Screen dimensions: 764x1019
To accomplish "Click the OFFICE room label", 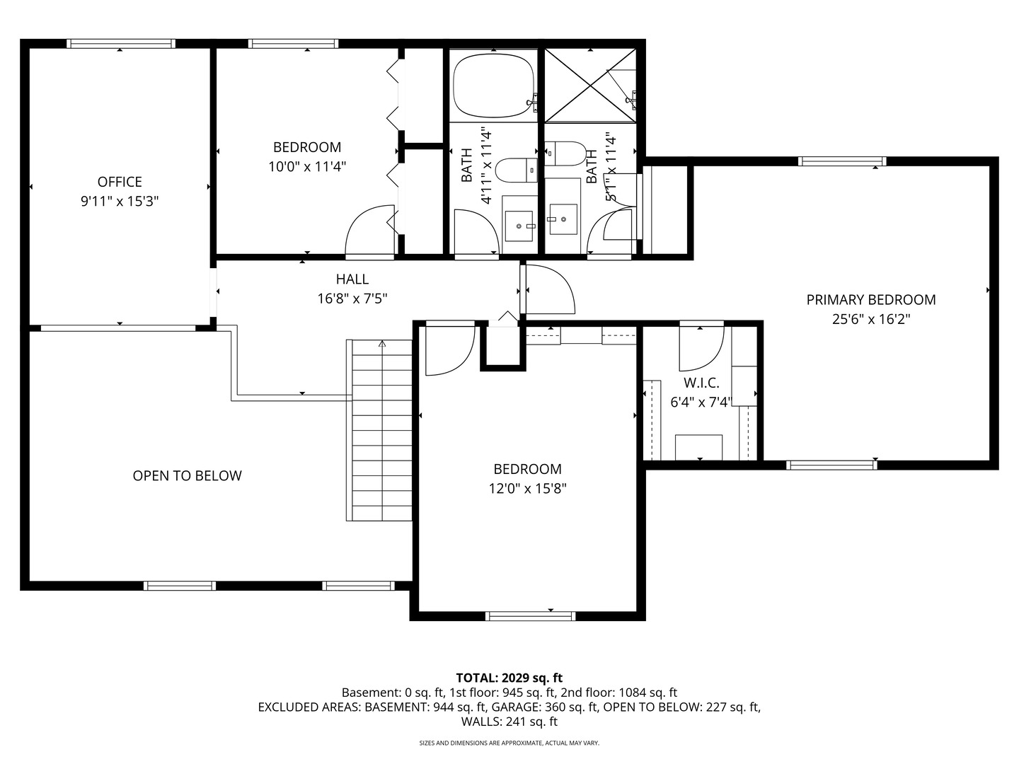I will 120,182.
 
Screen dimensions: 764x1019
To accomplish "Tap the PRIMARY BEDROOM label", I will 870,300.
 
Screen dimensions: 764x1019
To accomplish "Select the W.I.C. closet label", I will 701,383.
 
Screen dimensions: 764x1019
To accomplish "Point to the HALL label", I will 352,279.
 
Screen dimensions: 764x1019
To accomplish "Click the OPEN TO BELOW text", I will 187,476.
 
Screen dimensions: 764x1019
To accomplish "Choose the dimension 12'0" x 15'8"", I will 527,488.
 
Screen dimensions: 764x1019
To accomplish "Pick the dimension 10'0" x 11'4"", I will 307,166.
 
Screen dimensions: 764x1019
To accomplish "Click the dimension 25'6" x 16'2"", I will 870,319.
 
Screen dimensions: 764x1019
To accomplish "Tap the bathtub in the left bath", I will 494,84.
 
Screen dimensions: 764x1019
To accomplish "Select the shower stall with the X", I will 590,86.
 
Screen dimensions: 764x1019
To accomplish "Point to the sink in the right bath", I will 563,219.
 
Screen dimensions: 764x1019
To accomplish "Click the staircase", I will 380,431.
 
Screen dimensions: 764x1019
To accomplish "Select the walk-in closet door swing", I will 700,348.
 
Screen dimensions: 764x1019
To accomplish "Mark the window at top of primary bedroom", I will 841,161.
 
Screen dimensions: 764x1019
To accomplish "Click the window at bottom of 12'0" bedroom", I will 530,615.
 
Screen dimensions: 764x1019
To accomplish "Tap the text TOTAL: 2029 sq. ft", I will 509,678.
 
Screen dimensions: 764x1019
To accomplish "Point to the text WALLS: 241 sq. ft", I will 509,722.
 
